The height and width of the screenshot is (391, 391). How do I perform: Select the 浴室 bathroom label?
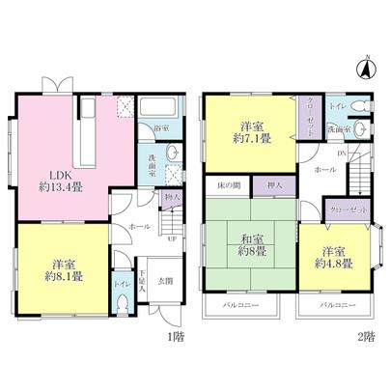(159, 127)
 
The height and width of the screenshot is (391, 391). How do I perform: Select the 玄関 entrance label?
(166, 282)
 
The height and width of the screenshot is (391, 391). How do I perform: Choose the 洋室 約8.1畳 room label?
(65, 269)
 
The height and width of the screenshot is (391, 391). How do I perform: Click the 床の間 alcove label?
(227, 184)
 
